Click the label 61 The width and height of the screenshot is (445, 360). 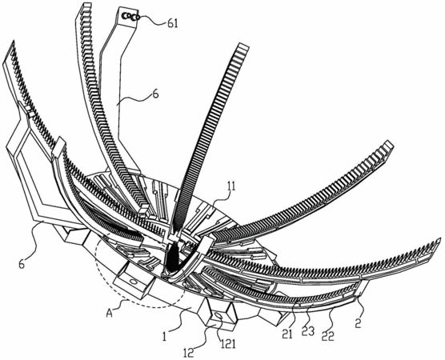pos(173,23)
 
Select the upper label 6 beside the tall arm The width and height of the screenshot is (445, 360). pos(155,94)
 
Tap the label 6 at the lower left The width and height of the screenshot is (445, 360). pos(22,264)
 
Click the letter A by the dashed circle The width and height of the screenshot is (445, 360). pos(110,313)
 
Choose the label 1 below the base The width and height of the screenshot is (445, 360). pos(164,336)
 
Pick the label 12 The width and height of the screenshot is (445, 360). pos(188,353)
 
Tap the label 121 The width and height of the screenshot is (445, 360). pos(227,343)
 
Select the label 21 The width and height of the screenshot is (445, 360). pos(287,334)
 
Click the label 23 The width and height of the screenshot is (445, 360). pos(308,330)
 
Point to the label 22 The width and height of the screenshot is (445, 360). pos(327,336)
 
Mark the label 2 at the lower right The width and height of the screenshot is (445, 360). pos(358,323)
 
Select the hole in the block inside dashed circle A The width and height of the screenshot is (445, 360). pos(133,282)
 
